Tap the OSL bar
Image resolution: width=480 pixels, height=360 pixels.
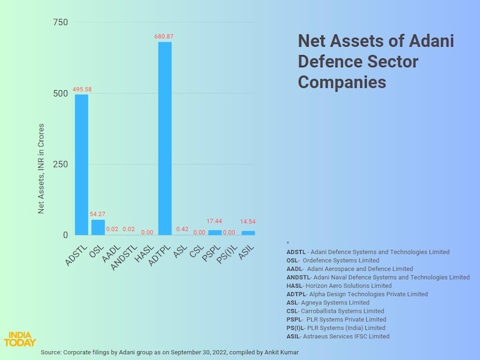98,228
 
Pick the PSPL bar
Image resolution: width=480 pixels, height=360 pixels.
214,233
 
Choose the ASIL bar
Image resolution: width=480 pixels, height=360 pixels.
247,233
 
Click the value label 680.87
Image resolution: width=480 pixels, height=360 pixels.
164,36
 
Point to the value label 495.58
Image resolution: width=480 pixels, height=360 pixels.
82,90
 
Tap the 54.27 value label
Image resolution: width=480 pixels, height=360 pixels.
98,214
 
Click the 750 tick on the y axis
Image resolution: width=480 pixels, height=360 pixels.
60,23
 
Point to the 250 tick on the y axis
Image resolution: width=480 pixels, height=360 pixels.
60,164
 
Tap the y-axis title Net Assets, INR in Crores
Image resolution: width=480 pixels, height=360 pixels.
42,168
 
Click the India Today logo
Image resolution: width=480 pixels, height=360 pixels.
20,339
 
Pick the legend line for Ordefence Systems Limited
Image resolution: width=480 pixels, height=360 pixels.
333,260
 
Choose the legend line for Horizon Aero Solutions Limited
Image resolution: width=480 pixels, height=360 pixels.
339,286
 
